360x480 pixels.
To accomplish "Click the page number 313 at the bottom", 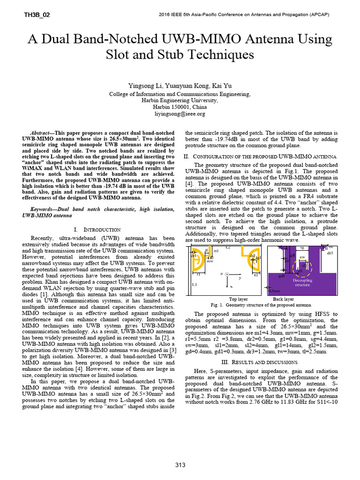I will [x=180, y=465].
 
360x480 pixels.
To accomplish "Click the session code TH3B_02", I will [x=37, y=15].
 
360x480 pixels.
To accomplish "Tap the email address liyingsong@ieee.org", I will [x=180, y=114].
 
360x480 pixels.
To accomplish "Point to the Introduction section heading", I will [x=97, y=230].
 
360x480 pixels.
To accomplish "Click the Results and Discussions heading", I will [x=259, y=362].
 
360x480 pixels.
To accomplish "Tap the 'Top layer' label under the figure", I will [x=239, y=299].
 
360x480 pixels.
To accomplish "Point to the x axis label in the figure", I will [x=231, y=285].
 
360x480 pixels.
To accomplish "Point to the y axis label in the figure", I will [x=240, y=277].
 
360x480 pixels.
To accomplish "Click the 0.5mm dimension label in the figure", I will [x=273, y=291].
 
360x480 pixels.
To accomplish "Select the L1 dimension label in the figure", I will [x=194, y=285].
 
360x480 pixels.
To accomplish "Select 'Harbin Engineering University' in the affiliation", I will [x=180, y=100].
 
